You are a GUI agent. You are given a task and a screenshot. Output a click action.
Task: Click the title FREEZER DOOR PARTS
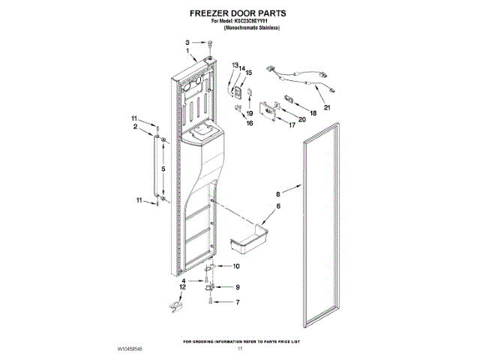point(239,13)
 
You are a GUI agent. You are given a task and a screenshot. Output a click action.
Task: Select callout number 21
point(326,107)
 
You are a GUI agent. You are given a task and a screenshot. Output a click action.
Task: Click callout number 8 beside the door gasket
point(277,191)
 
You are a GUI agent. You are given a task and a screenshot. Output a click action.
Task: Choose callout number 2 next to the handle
point(136,127)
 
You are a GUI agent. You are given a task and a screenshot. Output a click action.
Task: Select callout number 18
point(313,112)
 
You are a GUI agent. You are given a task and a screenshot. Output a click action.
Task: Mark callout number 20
point(302,119)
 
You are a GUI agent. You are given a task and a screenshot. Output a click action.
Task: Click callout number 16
point(250,123)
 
